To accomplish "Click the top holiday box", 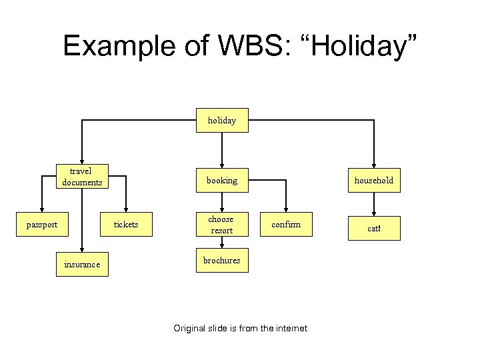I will point(221,121).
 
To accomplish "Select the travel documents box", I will point(82,177).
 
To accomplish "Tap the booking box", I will point(221,180).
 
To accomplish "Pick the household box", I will point(374,180).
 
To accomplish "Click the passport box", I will point(41,225).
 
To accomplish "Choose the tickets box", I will point(126,225).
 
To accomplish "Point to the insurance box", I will point(82,265).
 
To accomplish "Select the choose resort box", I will point(221,225).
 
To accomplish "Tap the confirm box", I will point(286,225).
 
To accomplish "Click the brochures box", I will point(221,261).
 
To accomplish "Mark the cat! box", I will point(374,228).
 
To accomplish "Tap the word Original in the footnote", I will point(189,328).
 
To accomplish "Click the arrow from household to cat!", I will point(374,203).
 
